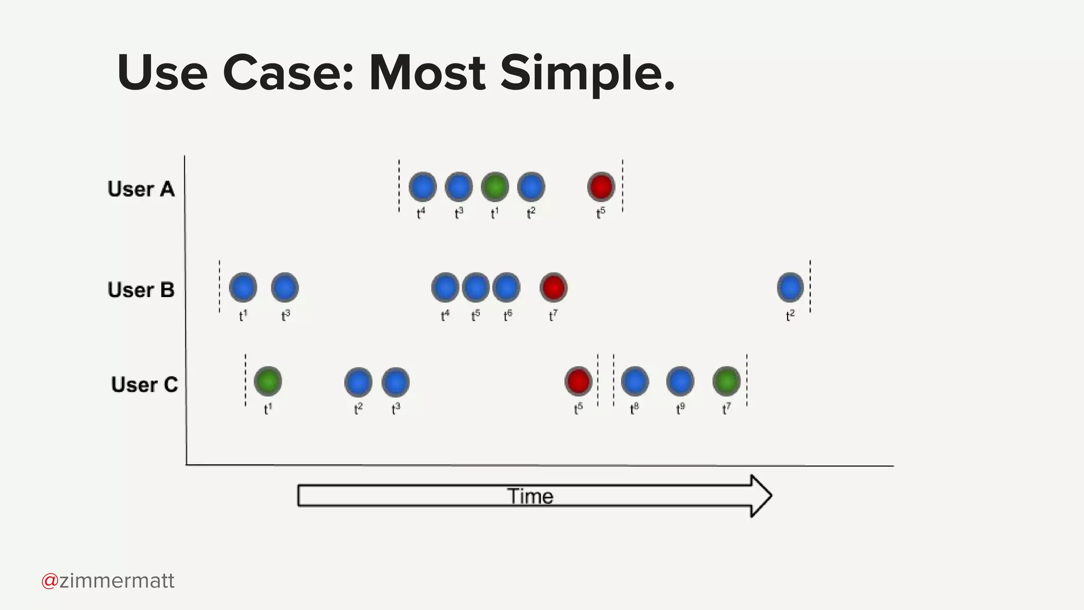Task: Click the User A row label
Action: click(141, 189)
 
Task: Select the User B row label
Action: click(141, 290)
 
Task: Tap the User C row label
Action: click(144, 384)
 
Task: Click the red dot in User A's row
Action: click(601, 186)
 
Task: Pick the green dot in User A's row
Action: click(494, 187)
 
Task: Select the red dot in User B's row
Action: click(554, 287)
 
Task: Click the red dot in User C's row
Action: click(578, 381)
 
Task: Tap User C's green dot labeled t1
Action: click(268, 381)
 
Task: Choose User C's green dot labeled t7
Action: click(726, 381)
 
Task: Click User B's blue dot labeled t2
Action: click(790, 287)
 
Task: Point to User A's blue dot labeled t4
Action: click(422, 187)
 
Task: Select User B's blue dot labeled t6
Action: click(506, 287)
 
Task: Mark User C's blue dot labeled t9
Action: click(680, 381)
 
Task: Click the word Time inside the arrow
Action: click(530, 496)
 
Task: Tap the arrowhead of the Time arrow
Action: click(760, 496)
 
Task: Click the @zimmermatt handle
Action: click(108, 581)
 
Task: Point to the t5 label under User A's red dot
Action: click(601, 213)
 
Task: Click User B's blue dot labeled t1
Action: click(243, 287)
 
